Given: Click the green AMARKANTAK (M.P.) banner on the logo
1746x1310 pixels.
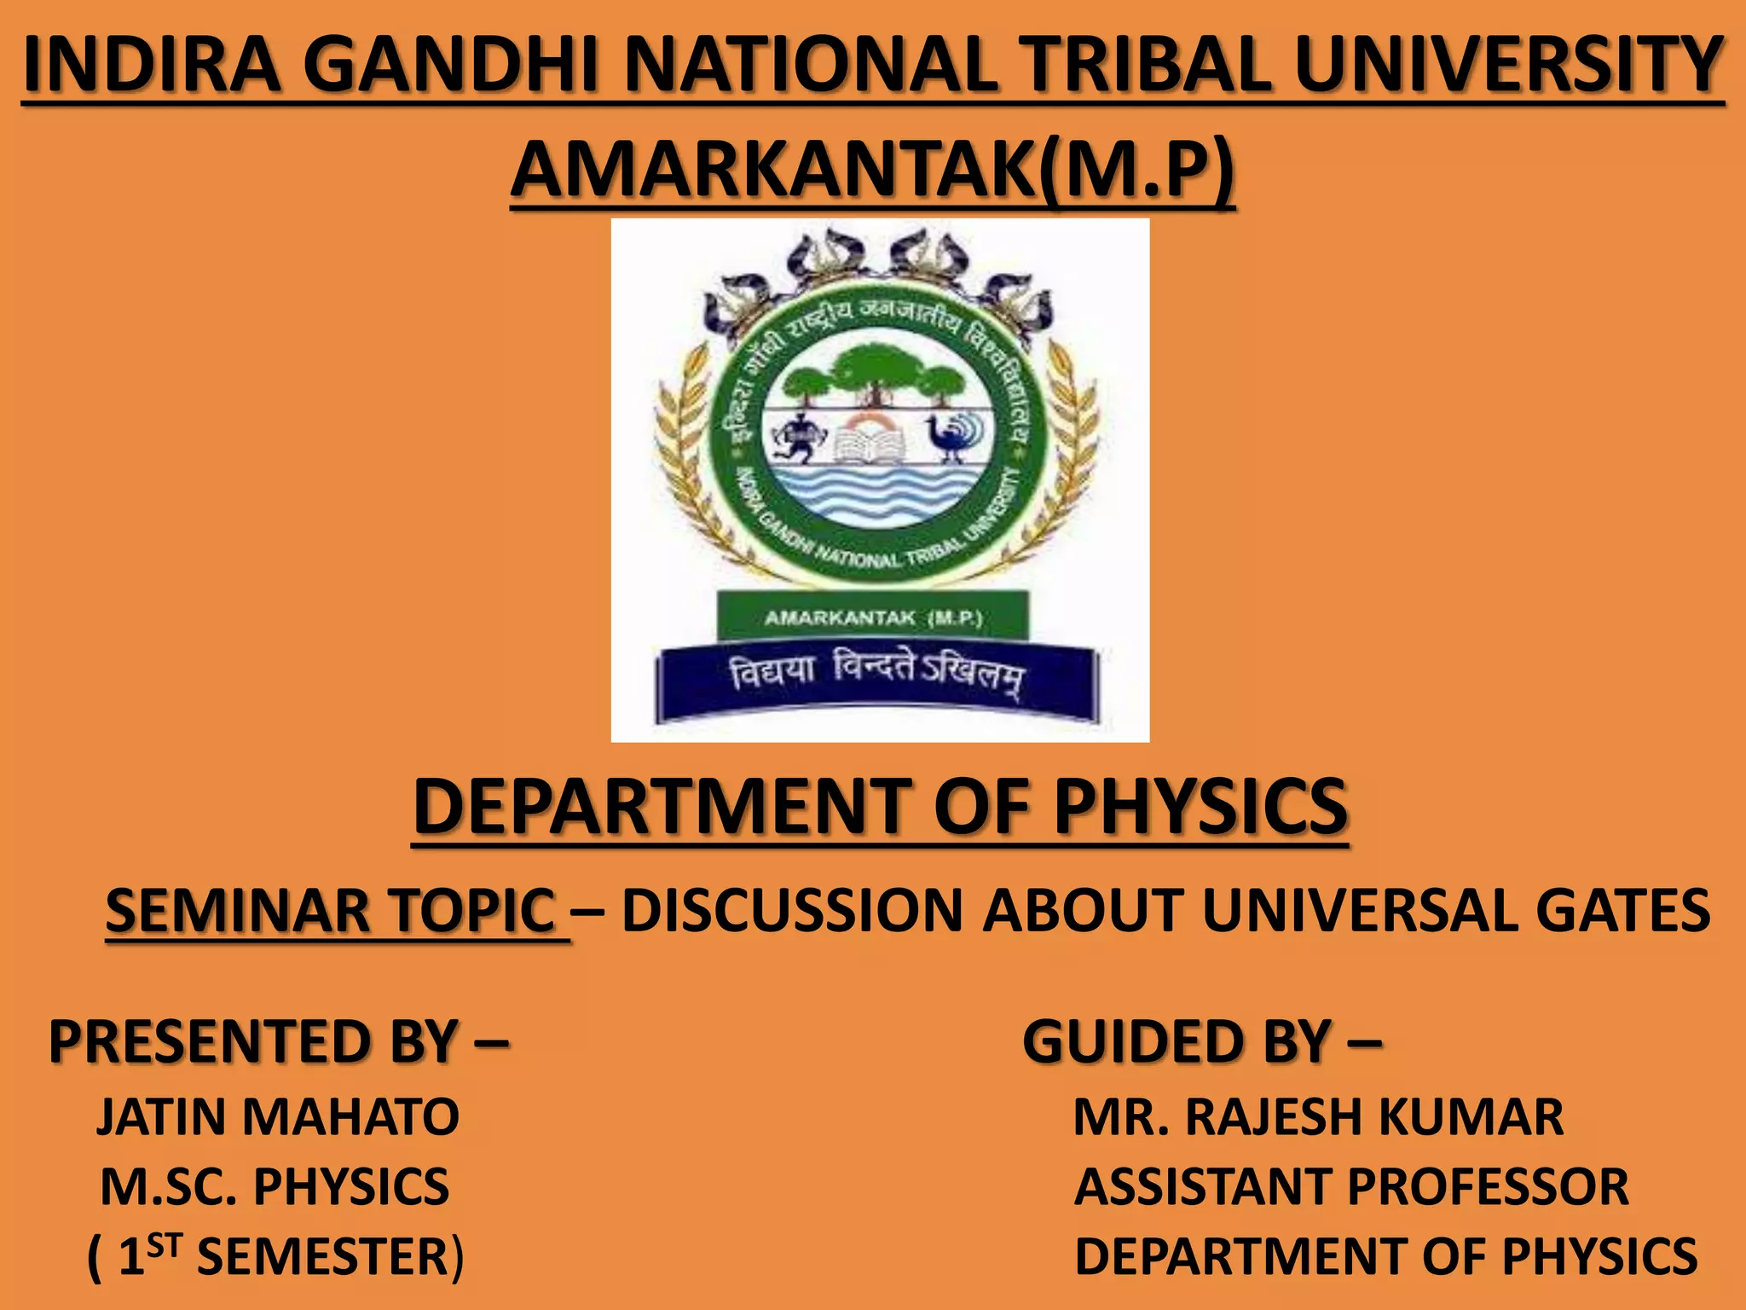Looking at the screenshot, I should [x=872, y=617].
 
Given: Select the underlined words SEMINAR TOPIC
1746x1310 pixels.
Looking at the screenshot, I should [x=331, y=911].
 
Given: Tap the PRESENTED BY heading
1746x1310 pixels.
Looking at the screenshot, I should [x=278, y=1041].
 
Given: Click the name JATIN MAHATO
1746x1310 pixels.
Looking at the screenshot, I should [x=278, y=1116].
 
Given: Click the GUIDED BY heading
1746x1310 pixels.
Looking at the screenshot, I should [x=1200, y=1041].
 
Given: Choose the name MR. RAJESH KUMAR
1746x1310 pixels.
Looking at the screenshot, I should [x=1318, y=1116].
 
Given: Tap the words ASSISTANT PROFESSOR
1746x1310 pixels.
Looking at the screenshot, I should [x=1350, y=1186].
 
